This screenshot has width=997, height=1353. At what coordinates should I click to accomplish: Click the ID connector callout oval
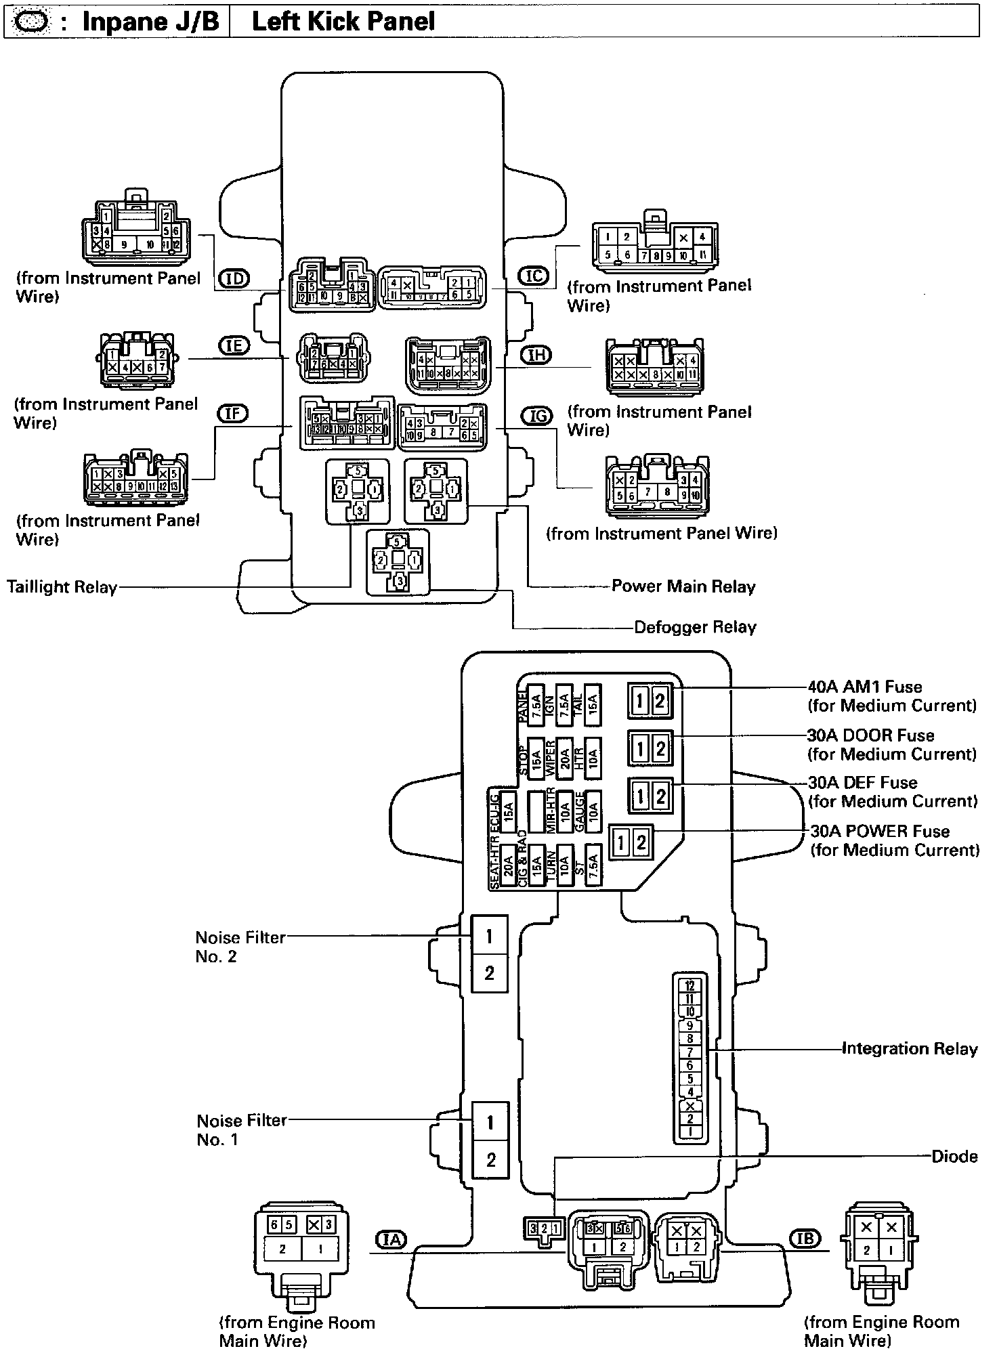click(234, 278)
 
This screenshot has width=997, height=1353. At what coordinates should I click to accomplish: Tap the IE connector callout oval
click(234, 346)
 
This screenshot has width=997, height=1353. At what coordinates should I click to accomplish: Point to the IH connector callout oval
click(536, 355)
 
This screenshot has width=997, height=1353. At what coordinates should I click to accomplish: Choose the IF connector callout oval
click(232, 413)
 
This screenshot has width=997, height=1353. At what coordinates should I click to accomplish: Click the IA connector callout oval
click(391, 1239)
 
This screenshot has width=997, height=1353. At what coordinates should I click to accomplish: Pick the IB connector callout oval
click(804, 1238)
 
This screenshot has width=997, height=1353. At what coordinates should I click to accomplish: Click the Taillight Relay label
click(62, 587)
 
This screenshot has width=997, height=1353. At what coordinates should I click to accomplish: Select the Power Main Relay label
click(683, 586)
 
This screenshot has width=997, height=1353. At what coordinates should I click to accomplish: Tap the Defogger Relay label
click(695, 627)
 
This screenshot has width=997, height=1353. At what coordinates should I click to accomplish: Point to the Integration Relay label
click(910, 1049)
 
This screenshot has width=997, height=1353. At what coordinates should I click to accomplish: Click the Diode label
click(954, 1157)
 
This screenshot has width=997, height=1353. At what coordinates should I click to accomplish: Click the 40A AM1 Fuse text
click(865, 687)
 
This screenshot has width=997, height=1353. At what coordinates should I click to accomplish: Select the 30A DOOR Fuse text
click(870, 735)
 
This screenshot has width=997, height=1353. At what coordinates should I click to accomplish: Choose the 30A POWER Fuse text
click(880, 831)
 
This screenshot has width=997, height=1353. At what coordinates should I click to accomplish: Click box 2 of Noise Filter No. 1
click(490, 1160)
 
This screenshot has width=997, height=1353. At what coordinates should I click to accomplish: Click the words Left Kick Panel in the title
click(343, 22)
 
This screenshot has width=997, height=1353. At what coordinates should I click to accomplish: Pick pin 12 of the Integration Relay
click(690, 986)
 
